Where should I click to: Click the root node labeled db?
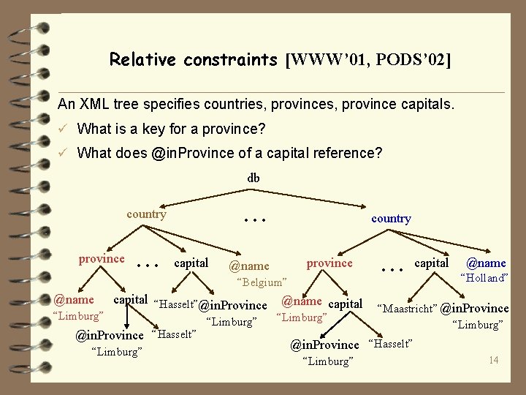(x=254, y=178)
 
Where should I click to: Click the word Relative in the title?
(x=139, y=59)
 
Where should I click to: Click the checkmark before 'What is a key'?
(x=64, y=129)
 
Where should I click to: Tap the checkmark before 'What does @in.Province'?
(x=64, y=153)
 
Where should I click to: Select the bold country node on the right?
(x=391, y=218)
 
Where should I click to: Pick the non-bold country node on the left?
(x=146, y=214)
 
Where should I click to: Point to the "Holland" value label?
(x=483, y=278)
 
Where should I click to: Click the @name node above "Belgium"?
(x=249, y=266)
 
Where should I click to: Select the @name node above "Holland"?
(x=486, y=263)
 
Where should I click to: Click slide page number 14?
(x=494, y=360)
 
